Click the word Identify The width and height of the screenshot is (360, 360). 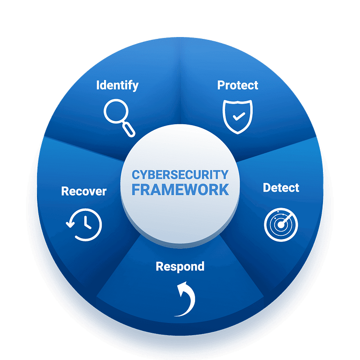[117, 85]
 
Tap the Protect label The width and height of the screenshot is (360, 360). [238, 85]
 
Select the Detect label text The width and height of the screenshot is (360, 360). [281, 188]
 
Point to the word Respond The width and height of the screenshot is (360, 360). [180, 267]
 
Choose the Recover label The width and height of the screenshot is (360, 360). [84, 191]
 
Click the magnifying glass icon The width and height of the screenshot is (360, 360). [119, 118]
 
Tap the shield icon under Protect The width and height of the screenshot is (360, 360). [238, 117]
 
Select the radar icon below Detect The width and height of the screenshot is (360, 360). [281, 225]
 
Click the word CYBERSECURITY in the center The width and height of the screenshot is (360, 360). [180, 175]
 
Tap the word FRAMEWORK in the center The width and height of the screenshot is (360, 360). [180, 190]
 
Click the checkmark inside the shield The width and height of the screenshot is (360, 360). [239, 116]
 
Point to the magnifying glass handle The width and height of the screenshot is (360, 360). [128, 130]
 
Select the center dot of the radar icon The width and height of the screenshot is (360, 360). [281, 225]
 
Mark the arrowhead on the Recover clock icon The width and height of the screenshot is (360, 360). [70, 223]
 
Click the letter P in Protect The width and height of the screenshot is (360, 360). [221, 85]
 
